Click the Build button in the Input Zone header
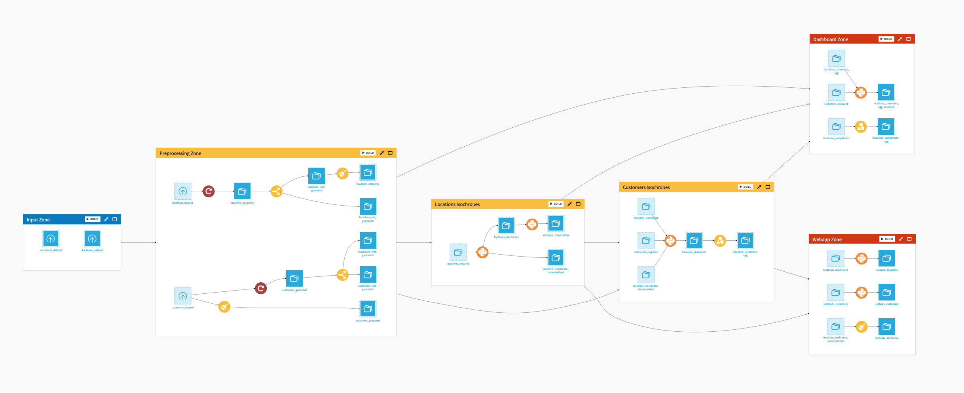pyautogui.click(x=92, y=219)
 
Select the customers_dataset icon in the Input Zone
pyautogui.click(x=51, y=239)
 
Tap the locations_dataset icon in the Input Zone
pyautogui.click(x=92, y=239)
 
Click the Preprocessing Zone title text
pyautogui.click(x=180, y=153)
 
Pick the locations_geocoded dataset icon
pyautogui.click(x=242, y=191)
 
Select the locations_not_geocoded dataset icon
pyautogui.click(x=368, y=206)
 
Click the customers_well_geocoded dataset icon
pyautogui.click(x=368, y=240)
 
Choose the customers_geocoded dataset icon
pyautogui.click(x=294, y=278)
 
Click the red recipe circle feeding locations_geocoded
pyautogui.click(x=209, y=191)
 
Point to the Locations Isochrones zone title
pyautogui.click(x=457, y=204)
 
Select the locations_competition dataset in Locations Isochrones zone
pyautogui.click(x=556, y=224)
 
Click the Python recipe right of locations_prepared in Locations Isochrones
pyautogui.click(x=482, y=252)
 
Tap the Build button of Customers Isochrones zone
pyautogui.click(x=745, y=187)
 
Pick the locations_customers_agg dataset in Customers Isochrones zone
pyautogui.click(x=745, y=240)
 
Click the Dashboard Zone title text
pyautogui.click(x=830, y=40)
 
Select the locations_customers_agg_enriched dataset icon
pyautogui.click(x=886, y=93)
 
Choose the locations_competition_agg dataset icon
pyautogui.click(x=886, y=127)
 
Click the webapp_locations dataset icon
pyautogui.click(x=886, y=259)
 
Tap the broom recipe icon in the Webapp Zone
pyautogui.click(x=862, y=327)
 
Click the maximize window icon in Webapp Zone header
pyautogui.click(x=909, y=239)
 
